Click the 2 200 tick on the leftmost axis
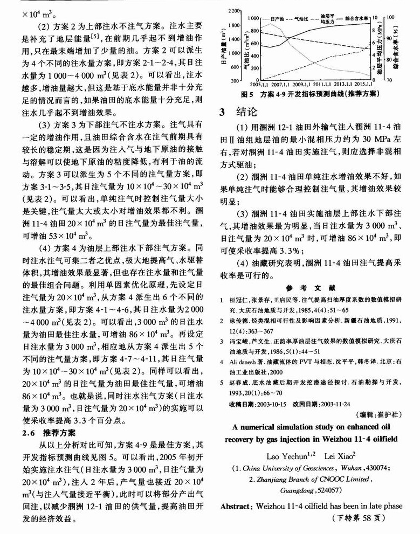tap(233, 10)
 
